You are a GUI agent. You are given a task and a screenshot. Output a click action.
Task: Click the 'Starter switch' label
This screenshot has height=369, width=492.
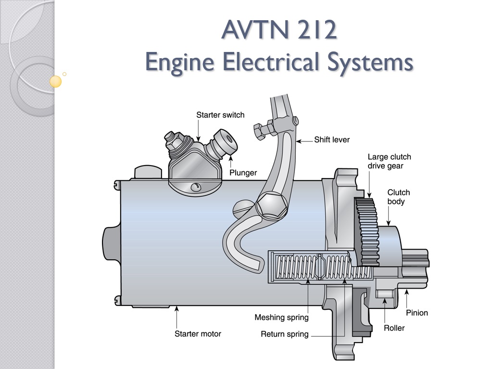coord(220,115)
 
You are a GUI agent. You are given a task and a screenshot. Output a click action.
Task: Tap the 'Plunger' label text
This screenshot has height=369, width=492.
coord(243,173)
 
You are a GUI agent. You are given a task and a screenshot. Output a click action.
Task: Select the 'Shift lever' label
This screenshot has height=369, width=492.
coord(332,140)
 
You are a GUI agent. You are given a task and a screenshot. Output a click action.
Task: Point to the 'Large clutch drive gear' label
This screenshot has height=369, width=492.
coord(389,161)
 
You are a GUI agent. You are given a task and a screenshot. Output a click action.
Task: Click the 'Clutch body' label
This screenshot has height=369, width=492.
coord(399,197)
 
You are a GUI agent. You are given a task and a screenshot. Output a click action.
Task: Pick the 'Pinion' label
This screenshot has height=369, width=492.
coord(416,313)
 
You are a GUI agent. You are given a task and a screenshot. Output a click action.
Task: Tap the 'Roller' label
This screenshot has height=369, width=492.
coord(394,328)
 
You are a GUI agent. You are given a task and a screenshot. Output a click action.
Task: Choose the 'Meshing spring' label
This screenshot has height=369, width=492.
coord(281,318)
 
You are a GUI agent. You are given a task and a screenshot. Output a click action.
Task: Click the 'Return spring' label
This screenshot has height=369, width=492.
coord(284,334)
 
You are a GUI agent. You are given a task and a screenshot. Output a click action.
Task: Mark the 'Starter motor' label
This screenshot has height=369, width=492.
coord(198,333)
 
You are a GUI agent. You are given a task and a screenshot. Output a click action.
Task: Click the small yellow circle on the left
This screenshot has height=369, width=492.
coord(56,82)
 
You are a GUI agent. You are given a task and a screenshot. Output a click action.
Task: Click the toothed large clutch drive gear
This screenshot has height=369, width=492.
coord(368,231)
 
